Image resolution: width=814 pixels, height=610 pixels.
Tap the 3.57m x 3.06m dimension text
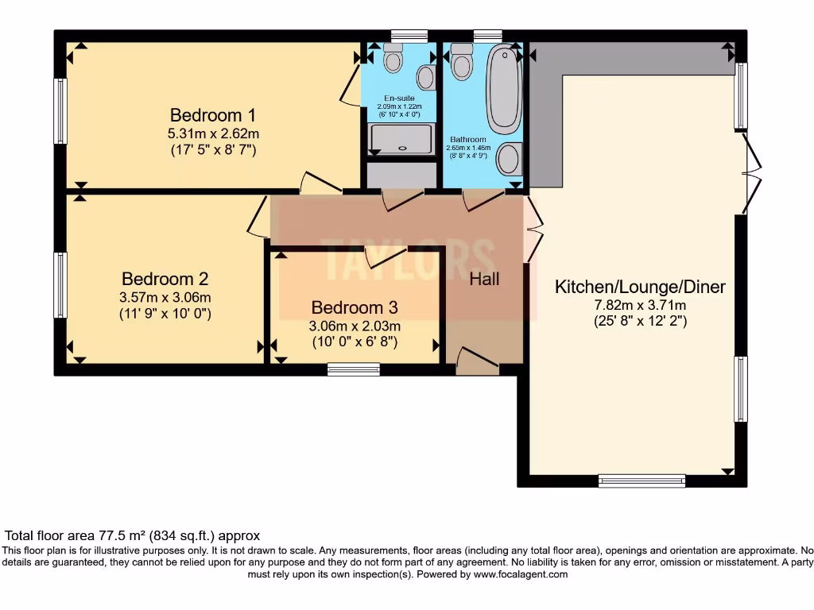tap(165, 297)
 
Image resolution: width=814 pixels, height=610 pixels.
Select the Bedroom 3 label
tap(354, 307)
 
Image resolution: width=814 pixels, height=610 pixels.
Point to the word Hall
tap(484, 279)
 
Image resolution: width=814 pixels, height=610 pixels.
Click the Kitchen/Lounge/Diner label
tap(640, 287)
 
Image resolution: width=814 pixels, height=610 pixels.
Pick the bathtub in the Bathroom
tap(503, 89)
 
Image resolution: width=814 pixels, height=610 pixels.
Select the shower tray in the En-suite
tap(401, 138)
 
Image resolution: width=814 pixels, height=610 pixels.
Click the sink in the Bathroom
tap(507, 159)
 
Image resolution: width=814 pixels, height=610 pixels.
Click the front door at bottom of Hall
tap(477, 361)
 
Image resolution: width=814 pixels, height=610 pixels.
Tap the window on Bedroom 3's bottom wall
tap(353, 369)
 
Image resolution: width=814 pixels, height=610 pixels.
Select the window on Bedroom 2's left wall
tap(60, 285)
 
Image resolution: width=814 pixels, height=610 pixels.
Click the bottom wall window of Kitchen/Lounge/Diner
tap(642, 481)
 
